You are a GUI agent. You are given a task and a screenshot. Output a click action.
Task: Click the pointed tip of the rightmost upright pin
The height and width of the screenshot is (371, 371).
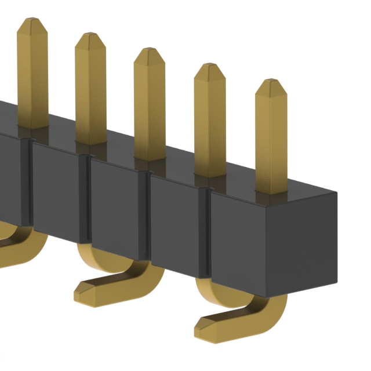pos(271,82)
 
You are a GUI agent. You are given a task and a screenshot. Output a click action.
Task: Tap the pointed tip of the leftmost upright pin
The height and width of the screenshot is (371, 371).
pos(32,21)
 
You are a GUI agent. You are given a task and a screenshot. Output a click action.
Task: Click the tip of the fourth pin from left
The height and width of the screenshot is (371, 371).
pos(210,66)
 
